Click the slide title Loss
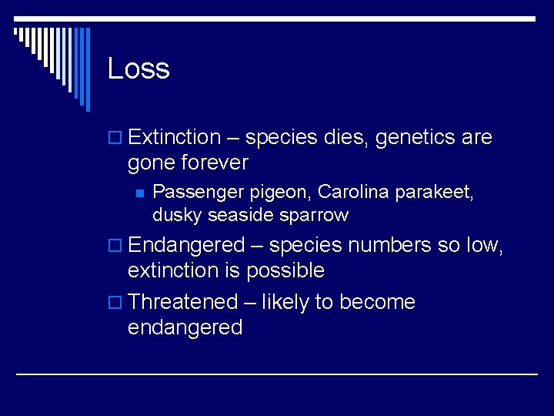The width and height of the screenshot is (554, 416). click(x=138, y=69)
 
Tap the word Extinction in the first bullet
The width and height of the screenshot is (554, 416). click(x=175, y=137)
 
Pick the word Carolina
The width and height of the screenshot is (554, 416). click(x=352, y=192)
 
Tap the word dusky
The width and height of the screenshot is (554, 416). click(x=173, y=215)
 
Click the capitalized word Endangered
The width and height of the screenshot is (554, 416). click(x=185, y=245)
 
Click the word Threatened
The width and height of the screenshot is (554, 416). click(x=183, y=302)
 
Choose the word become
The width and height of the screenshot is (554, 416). click(x=376, y=302)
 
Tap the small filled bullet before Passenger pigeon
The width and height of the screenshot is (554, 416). click(x=138, y=193)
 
